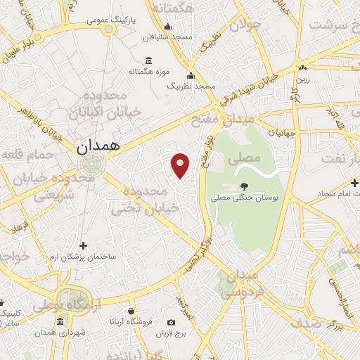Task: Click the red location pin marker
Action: [x=181, y=165]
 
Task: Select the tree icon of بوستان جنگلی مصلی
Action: [x=244, y=186]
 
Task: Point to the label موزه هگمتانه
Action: [x=147, y=71]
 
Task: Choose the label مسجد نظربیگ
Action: [x=191, y=85]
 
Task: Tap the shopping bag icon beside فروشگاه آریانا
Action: [x=131, y=311]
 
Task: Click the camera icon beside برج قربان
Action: [x=172, y=323]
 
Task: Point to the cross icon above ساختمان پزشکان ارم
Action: [x=84, y=245]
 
